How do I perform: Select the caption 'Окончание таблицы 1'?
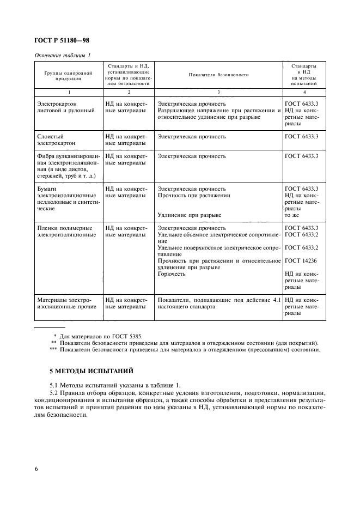(x=63, y=56)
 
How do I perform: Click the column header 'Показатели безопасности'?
(x=218, y=75)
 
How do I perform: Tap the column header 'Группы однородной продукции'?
(x=68, y=75)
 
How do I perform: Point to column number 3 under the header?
(x=218, y=93)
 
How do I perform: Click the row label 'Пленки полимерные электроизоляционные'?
(x=64, y=232)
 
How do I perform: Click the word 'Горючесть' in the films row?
(x=172, y=274)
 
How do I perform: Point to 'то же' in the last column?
(x=292, y=215)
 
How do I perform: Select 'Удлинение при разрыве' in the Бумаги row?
(x=190, y=215)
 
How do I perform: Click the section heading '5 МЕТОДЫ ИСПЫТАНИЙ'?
(x=91, y=372)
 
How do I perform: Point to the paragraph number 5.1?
(x=54, y=385)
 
